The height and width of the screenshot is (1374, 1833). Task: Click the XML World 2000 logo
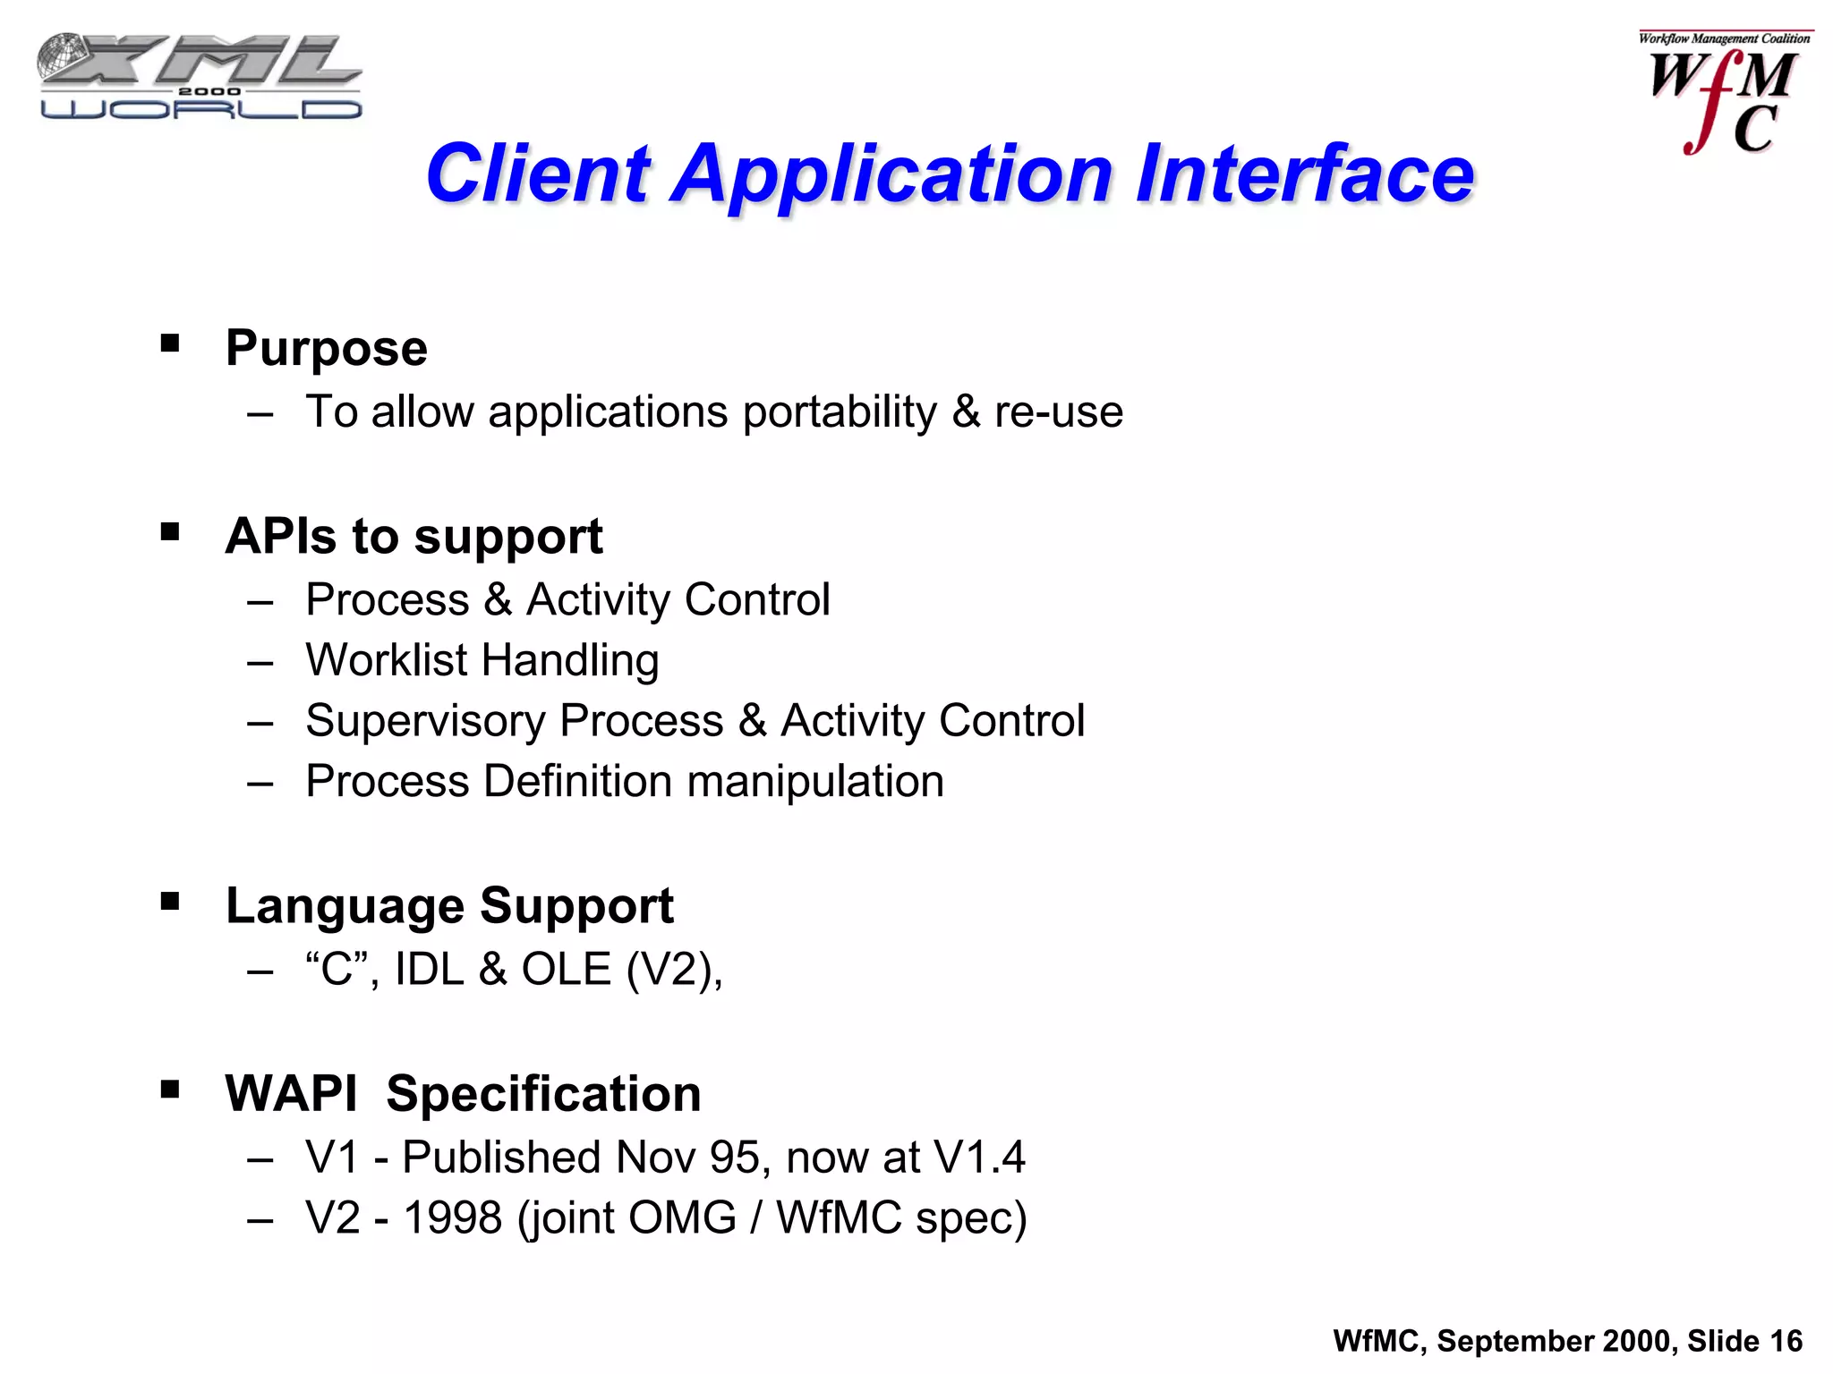click(x=200, y=77)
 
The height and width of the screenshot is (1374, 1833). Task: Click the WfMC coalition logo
click(x=1724, y=93)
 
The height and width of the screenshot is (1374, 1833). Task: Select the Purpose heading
click(x=326, y=348)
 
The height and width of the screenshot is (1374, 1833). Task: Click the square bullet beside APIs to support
click(x=170, y=532)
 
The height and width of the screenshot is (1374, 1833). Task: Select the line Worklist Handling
click(x=482, y=660)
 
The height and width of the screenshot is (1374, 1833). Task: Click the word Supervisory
click(x=425, y=721)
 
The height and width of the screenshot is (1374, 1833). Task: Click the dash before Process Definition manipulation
click(x=260, y=784)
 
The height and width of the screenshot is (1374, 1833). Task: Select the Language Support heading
click(x=449, y=905)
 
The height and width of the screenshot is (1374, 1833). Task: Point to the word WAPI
click(x=291, y=1094)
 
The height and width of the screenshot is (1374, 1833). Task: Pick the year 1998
click(x=453, y=1218)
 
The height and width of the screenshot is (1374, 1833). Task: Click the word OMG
click(x=682, y=1218)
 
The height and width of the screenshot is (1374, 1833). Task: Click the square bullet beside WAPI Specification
click(x=170, y=1090)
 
